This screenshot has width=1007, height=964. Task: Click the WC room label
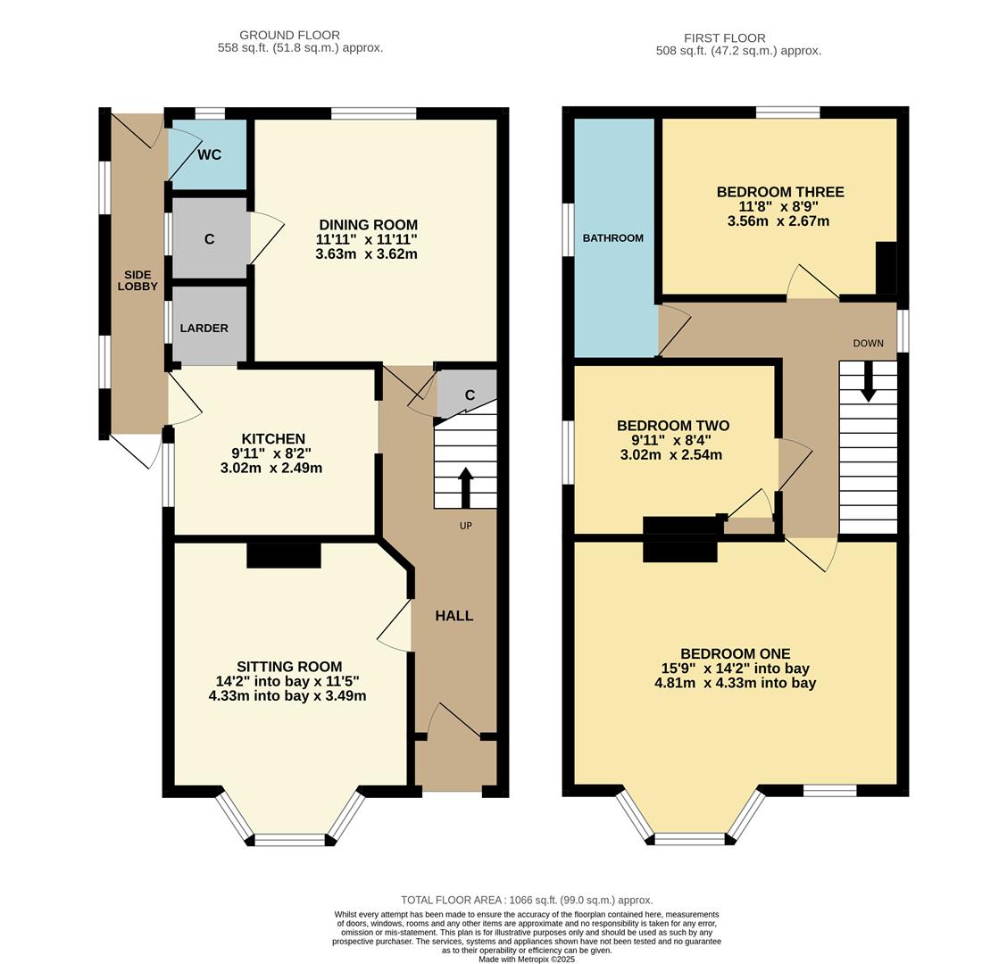(209, 154)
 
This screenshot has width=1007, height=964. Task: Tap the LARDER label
(204, 328)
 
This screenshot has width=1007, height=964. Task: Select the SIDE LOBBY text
(137, 280)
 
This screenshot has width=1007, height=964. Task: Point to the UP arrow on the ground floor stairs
(465, 487)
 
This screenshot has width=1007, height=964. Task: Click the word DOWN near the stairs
(868, 344)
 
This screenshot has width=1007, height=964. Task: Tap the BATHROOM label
(612, 238)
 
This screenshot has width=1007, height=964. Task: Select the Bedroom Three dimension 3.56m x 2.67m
(778, 220)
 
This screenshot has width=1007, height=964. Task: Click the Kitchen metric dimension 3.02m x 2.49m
(271, 468)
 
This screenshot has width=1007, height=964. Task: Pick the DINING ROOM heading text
(368, 225)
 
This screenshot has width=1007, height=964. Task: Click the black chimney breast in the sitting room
(283, 555)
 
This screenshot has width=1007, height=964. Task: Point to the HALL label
(454, 616)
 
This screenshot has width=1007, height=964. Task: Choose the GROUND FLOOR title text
(289, 36)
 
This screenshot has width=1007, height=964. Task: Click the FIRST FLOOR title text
(724, 38)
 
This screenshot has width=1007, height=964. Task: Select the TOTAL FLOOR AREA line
(527, 900)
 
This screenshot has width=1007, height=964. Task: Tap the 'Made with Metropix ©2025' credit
(527, 960)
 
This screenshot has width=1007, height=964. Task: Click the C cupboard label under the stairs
(470, 395)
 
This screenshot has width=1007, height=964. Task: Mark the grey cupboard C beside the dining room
(209, 238)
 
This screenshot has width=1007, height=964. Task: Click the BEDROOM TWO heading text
(673, 426)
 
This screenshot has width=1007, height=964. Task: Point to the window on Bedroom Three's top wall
(787, 112)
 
